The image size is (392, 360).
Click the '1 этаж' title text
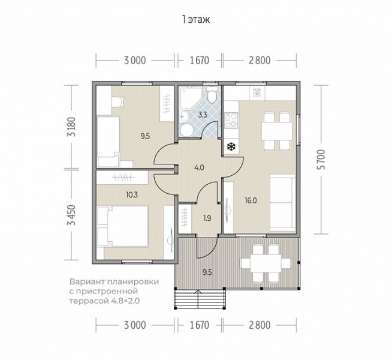point(196,20)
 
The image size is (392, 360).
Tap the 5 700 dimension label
point(321,160)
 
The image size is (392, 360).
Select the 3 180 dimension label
point(71,127)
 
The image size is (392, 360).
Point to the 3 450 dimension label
point(71,215)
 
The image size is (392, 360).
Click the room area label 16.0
point(251,200)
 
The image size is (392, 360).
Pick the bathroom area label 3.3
point(203,115)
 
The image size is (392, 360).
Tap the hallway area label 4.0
point(199,167)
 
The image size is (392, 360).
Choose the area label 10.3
point(132,194)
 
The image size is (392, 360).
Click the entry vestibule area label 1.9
point(207,218)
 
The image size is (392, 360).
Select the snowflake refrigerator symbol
point(231,146)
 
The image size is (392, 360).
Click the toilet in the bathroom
point(212,95)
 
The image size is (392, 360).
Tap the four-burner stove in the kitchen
point(231,121)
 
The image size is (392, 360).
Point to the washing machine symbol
point(257,93)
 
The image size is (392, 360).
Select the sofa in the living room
point(283,203)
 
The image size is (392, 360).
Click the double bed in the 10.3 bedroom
point(122,226)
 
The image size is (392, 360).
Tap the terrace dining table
point(266,263)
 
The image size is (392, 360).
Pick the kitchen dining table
point(277,131)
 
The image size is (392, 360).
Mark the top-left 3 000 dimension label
point(135,61)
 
